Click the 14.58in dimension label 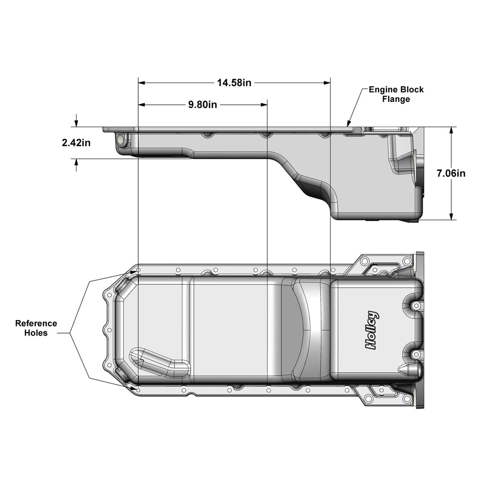click(234, 83)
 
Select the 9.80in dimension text click(202, 104)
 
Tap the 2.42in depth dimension click(76, 142)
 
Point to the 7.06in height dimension click(451, 173)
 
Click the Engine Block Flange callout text click(396, 94)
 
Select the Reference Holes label click(36, 328)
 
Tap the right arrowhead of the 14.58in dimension click(327, 83)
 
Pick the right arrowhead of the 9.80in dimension click(264, 104)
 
